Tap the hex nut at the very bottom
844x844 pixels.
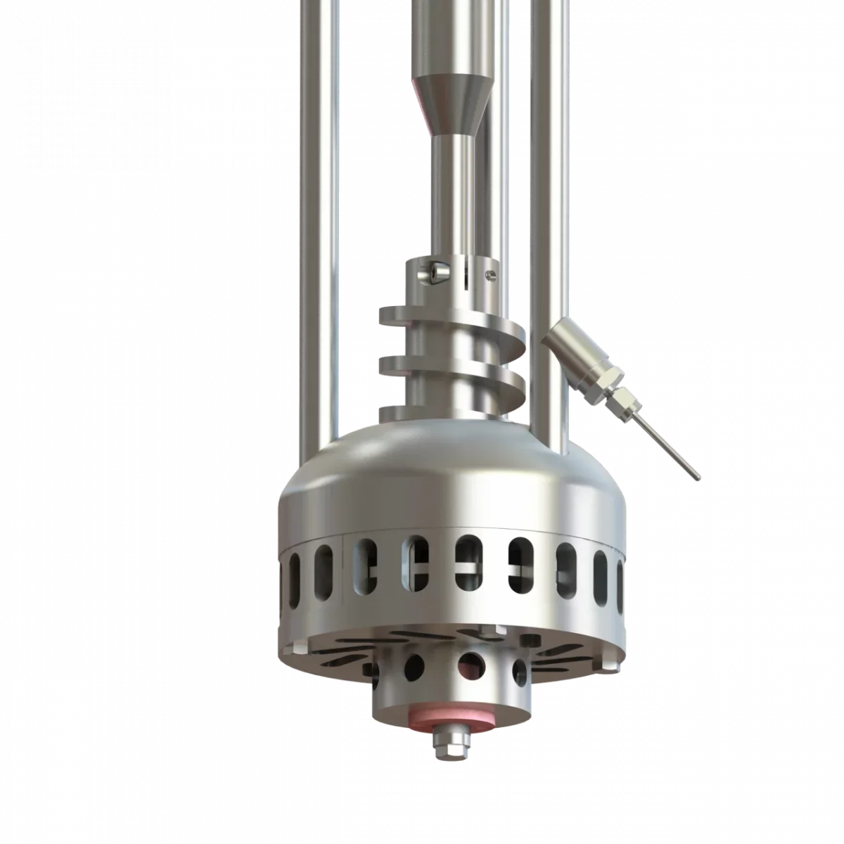pos(445,747)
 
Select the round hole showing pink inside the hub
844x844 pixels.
pos(472,661)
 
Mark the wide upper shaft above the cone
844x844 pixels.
pos(450,35)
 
